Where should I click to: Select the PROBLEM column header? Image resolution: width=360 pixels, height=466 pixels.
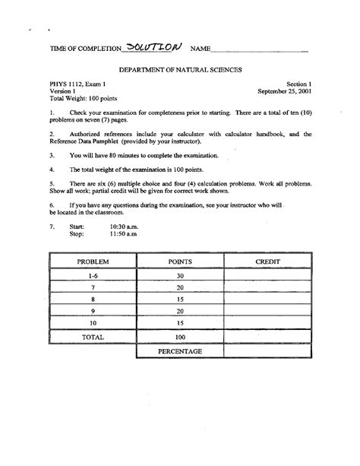93,262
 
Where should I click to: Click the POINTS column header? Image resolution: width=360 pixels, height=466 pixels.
180,262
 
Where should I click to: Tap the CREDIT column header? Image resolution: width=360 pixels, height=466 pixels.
268,262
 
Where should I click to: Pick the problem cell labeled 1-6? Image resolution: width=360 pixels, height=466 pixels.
93,275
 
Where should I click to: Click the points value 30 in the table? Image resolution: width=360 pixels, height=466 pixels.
180,275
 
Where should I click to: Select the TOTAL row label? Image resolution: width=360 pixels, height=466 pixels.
93,335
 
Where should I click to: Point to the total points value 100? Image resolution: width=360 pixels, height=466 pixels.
180,335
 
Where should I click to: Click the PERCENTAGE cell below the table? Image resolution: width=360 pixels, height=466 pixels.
180,351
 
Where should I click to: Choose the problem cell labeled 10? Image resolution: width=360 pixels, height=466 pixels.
93,322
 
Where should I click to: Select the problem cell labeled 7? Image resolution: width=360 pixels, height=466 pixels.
93,288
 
